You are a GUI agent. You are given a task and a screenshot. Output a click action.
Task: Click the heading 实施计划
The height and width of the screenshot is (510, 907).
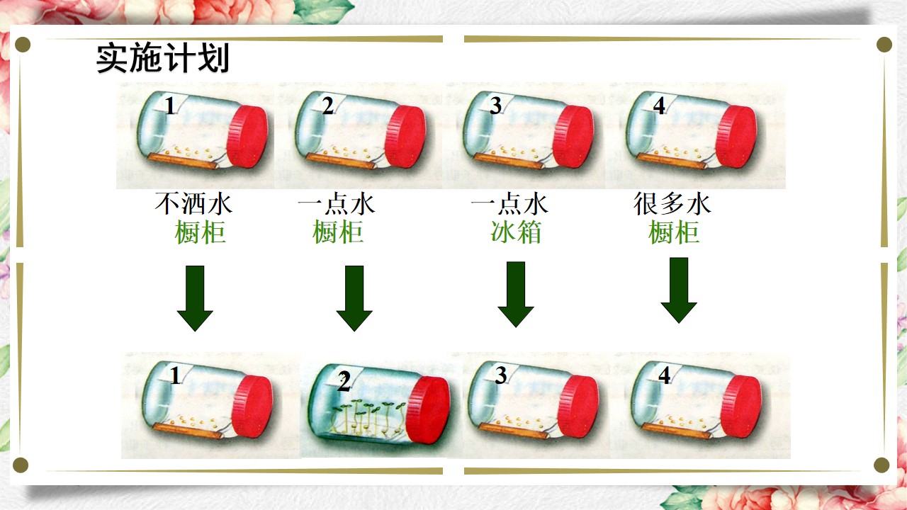point(163,58)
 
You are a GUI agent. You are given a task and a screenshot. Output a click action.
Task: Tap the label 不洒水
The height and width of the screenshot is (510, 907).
point(193,203)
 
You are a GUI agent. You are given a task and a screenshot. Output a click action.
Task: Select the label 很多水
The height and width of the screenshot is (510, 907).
point(672,203)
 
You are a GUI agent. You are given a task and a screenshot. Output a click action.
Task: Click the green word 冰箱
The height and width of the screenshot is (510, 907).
point(516,232)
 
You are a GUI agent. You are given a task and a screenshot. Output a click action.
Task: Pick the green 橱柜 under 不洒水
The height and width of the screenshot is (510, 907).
point(200,232)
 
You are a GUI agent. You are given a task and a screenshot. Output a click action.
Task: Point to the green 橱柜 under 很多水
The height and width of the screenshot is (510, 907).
point(674,232)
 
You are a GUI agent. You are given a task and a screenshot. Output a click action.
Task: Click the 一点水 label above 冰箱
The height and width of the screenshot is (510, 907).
point(509,203)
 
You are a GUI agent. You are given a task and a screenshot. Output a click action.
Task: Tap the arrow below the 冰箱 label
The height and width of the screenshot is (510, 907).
point(516,294)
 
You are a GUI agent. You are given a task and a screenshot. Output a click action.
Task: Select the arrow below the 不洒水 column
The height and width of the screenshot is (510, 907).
point(195,298)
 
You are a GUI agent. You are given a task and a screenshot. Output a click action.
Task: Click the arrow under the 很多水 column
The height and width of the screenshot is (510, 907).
point(679,290)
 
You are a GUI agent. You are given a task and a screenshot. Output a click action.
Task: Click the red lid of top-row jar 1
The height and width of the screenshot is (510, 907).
point(247,137)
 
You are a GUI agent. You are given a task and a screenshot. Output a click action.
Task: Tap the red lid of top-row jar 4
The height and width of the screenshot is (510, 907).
point(736,137)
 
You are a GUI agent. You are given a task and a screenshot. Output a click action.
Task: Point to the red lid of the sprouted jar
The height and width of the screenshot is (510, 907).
point(427,409)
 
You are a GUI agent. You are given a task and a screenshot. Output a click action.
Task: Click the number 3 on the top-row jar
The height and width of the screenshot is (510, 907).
point(495,106)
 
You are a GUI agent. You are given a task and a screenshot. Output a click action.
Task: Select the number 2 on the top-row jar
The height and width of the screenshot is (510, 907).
point(328,106)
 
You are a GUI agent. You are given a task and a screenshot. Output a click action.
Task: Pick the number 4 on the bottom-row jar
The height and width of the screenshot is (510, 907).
point(664,375)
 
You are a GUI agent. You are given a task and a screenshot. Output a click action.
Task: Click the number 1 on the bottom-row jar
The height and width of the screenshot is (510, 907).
point(175,375)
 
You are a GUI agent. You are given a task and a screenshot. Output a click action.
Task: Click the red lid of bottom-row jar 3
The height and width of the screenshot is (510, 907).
point(578,407)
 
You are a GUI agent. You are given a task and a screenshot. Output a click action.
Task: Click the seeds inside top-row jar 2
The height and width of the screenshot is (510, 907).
point(347,152)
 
